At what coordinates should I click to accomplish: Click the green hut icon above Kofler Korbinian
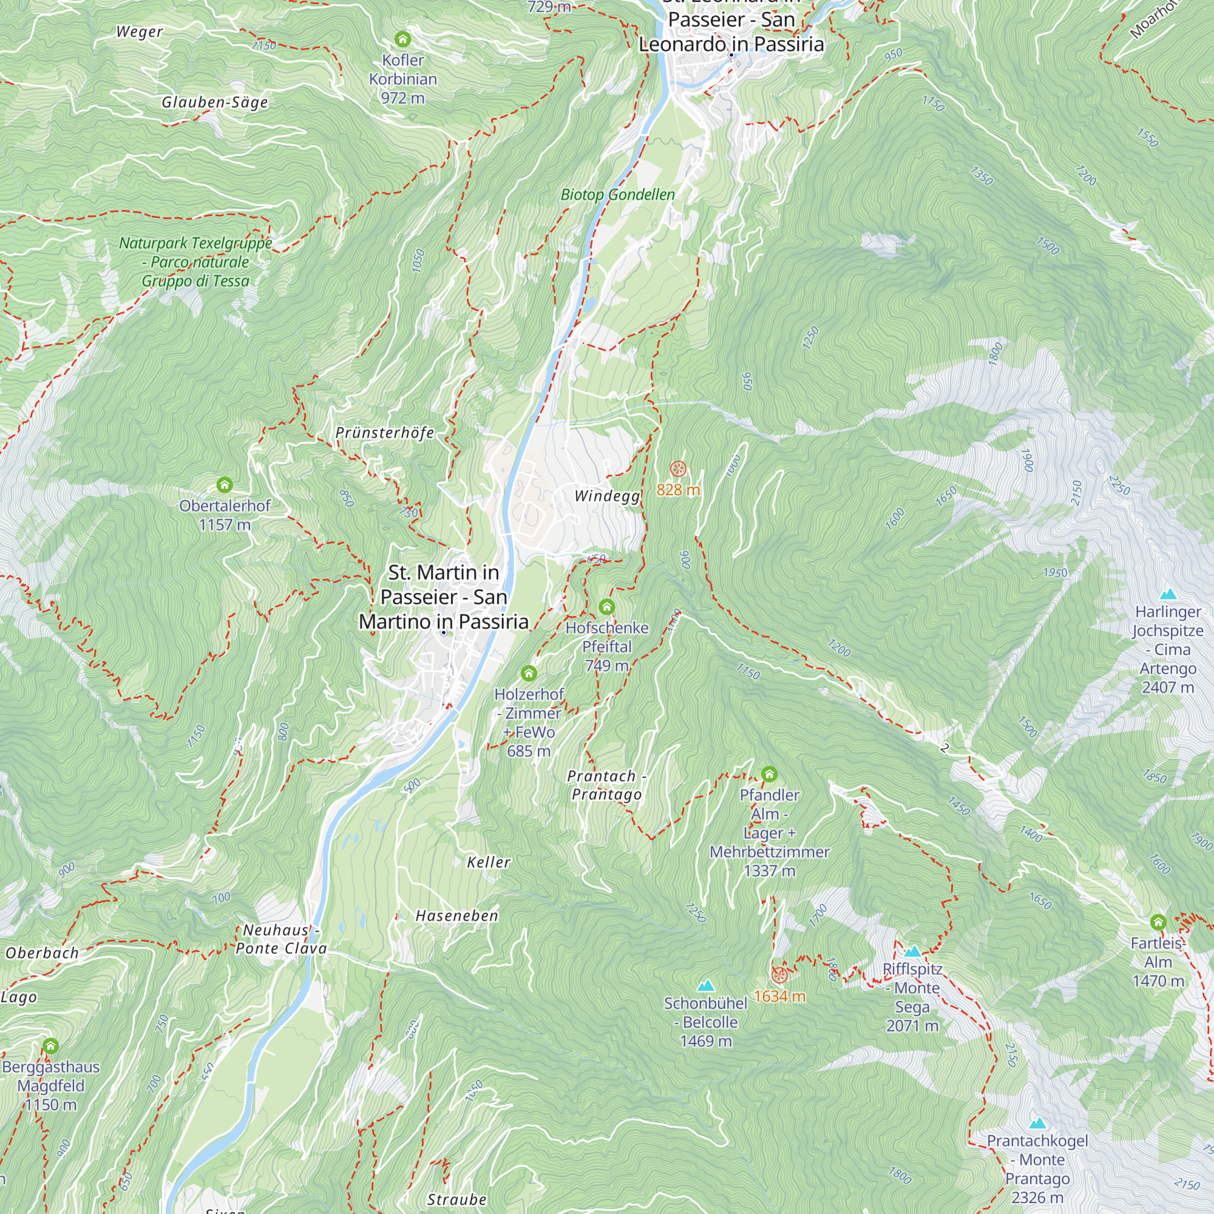[x=403, y=39]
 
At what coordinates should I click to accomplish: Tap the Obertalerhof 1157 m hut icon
[x=225, y=485]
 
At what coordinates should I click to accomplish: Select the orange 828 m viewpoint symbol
[x=677, y=469]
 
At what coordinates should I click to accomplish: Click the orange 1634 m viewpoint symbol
[x=779, y=975]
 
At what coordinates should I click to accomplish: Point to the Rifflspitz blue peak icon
[x=912, y=951]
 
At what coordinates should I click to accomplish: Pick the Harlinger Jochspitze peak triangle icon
[x=1168, y=594]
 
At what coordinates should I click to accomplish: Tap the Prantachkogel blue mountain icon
[x=1037, y=1124]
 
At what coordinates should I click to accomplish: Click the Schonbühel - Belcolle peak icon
[x=706, y=985]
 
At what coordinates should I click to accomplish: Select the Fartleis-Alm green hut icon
[x=1158, y=923]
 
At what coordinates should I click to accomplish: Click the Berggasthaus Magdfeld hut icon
[x=50, y=1046]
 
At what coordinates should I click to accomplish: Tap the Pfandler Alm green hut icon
[x=769, y=774]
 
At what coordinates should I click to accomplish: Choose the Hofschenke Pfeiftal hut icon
[x=606, y=607]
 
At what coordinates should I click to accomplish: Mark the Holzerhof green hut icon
[x=529, y=674]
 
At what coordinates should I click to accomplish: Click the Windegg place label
[x=607, y=497]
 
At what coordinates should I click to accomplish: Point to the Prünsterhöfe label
[x=385, y=433]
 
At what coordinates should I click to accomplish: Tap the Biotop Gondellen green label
[x=618, y=195]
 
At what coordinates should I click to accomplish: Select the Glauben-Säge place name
[x=214, y=103]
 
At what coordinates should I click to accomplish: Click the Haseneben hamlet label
[x=457, y=916]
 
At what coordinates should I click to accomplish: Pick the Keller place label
[x=488, y=863]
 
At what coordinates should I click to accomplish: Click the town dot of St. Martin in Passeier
[x=444, y=632]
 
